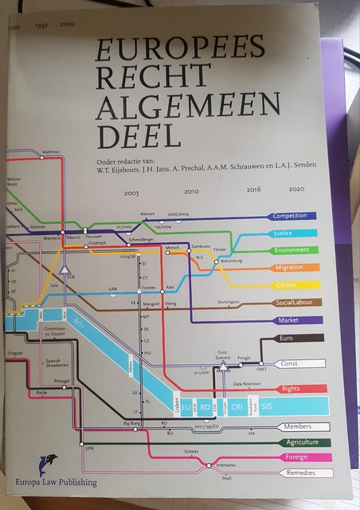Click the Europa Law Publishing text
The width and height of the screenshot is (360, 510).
(x=51, y=481)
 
